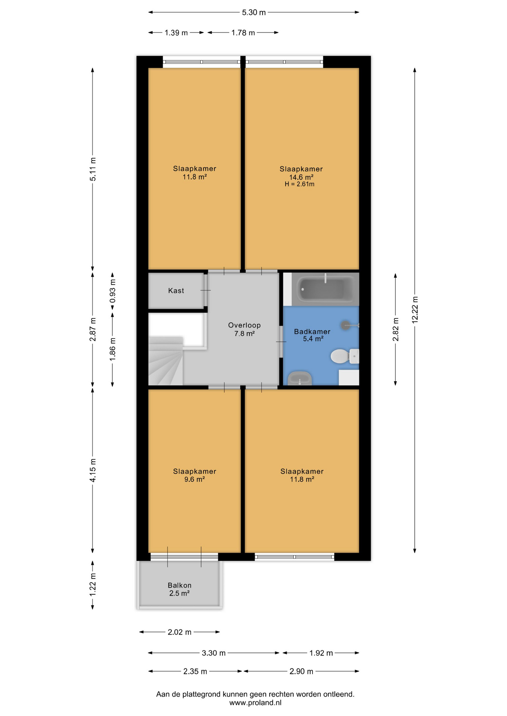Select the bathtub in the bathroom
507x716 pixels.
coord(325,289)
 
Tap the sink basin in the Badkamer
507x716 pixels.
coord(300,379)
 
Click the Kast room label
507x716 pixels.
coord(176,291)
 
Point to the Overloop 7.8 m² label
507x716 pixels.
coord(245,329)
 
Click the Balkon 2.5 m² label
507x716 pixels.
coord(180,589)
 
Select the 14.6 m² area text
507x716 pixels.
coord(301,177)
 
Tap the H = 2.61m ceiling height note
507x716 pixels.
coord(299,184)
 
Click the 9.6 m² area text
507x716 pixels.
coord(195,480)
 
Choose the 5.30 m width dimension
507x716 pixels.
coord(254,12)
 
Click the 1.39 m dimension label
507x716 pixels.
coord(176,33)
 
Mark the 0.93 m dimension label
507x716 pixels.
coord(112,291)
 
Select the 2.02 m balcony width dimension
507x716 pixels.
coord(180,632)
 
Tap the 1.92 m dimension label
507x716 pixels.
coord(321,653)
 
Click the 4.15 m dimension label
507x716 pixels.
coord(93,470)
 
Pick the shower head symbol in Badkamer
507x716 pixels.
coord(346,325)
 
